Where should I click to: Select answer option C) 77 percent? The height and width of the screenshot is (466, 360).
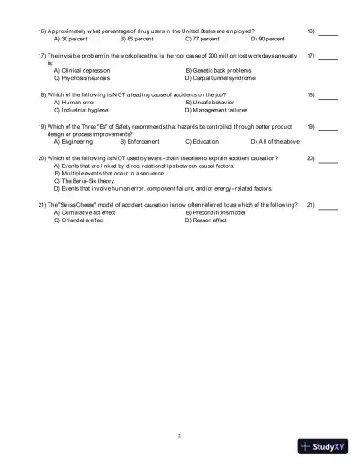(202, 40)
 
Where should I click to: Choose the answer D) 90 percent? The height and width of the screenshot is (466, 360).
(267, 40)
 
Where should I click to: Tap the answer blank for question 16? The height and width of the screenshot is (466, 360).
(328, 32)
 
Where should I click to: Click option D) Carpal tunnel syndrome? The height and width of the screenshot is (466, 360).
(220, 78)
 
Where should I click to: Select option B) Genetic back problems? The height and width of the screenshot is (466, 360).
(220, 70)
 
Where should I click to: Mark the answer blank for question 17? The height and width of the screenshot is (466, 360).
(328, 57)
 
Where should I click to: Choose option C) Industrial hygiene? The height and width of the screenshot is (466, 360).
(84, 110)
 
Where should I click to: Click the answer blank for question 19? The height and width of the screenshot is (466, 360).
(328, 127)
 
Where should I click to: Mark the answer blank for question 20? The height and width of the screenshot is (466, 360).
(328, 158)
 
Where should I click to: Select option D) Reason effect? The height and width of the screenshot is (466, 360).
(206, 220)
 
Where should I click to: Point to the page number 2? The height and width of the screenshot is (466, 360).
(180, 435)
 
